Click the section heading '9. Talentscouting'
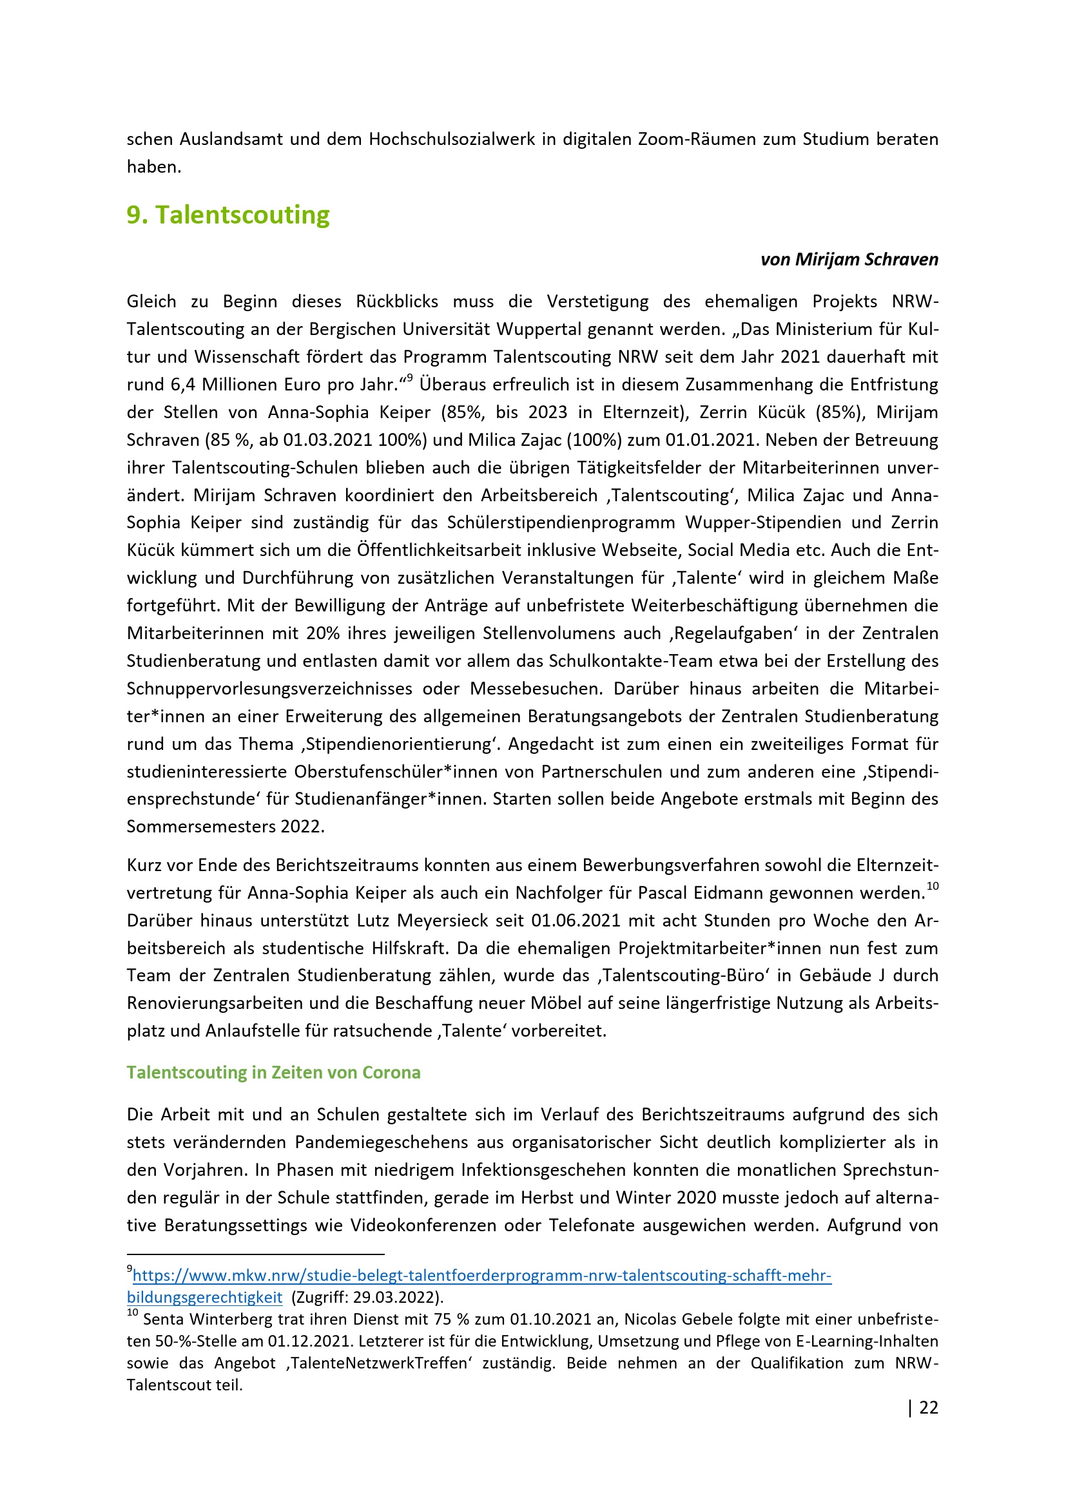(228, 215)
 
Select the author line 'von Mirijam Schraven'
(849, 259)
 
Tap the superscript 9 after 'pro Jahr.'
(409, 378)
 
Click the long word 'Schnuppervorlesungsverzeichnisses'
(269, 689)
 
